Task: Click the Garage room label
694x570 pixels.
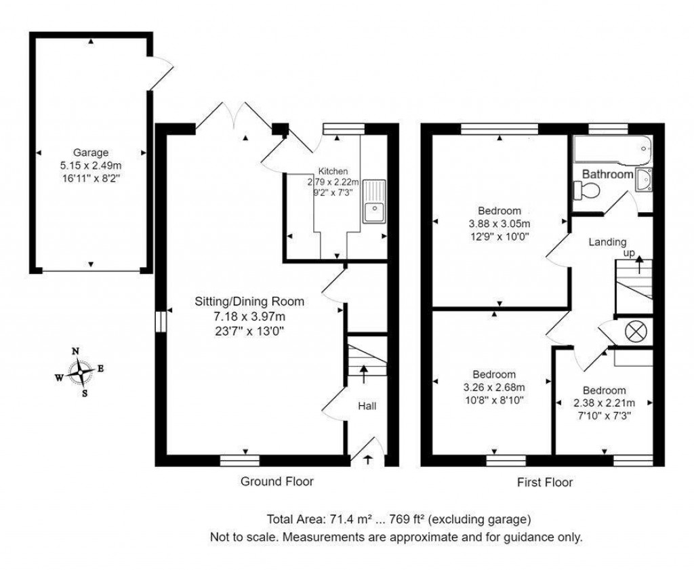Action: (91, 152)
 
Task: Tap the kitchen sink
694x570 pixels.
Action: (373, 202)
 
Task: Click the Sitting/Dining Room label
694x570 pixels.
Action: (249, 302)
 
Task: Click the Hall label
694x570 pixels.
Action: (367, 405)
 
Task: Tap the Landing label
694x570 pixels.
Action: (607, 241)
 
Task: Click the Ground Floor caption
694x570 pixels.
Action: (277, 481)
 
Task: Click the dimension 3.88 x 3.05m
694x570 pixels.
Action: (499, 224)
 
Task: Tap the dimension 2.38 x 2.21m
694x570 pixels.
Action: (604, 403)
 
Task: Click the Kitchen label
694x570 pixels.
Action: (334, 171)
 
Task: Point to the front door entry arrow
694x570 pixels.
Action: (367, 460)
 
